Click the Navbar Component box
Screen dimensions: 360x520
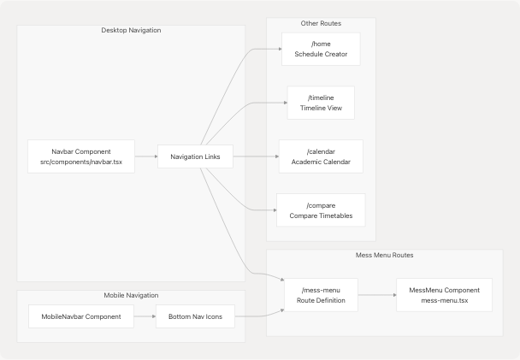[81, 156]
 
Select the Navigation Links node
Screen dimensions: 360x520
[195, 156]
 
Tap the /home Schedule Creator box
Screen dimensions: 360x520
[321, 50]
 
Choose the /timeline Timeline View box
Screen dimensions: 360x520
[321, 103]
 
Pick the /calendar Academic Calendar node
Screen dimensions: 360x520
[321, 156]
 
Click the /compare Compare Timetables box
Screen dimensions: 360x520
[321, 210]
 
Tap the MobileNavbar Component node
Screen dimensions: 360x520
[81, 317]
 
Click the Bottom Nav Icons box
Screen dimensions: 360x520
[195, 317]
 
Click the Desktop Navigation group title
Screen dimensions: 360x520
[131, 31]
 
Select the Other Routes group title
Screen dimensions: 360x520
[321, 22]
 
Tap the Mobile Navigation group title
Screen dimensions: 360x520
[131, 295]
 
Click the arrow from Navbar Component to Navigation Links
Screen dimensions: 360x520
[145, 156]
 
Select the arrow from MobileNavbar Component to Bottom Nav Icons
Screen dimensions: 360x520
[145, 317]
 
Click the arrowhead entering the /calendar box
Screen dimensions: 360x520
[275, 156]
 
